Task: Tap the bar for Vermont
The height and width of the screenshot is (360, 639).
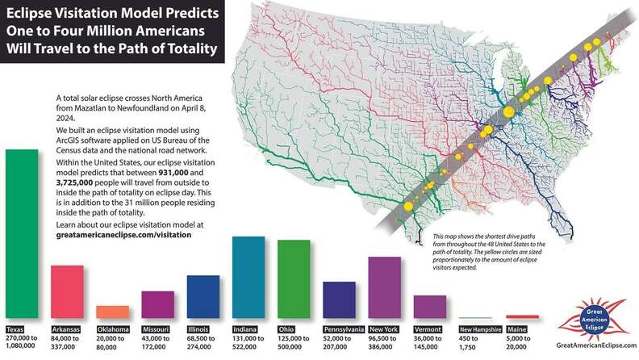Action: click(429, 308)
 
